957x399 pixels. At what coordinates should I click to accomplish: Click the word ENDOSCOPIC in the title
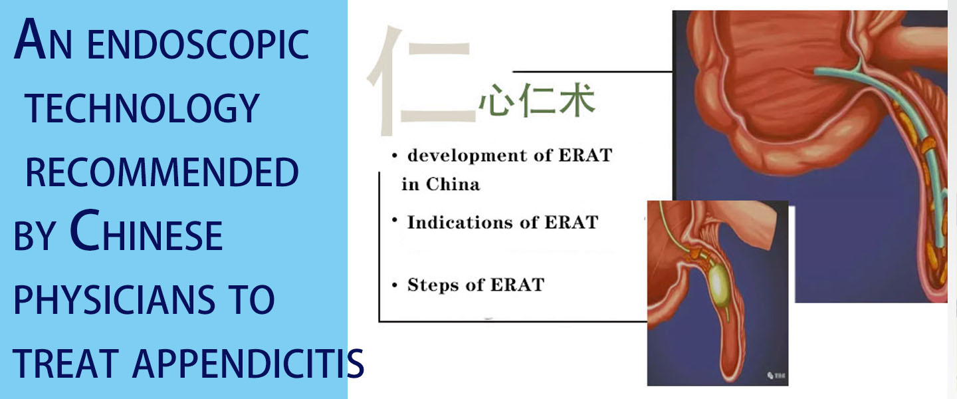pyautogui.click(x=198, y=44)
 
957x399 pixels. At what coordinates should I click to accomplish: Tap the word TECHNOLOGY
pyautogui.click(x=142, y=108)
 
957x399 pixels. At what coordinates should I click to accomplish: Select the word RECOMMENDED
pyautogui.click(x=162, y=172)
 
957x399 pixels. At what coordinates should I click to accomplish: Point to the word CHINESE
pyautogui.click(x=146, y=231)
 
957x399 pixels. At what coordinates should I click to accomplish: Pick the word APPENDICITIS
pyautogui.click(x=248, y=363)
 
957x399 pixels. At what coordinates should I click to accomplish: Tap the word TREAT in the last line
pyautogui.click(x=66, y=363)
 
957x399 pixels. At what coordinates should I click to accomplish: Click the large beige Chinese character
pyautogui.click(x=421, y=80)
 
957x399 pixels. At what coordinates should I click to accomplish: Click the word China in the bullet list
pyautogui.click(x=453, y=184)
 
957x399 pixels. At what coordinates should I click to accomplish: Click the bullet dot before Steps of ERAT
pyautogui.click(x=394, y=286)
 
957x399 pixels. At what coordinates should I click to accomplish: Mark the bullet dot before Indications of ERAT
pyautogui.click(x=395, y=220)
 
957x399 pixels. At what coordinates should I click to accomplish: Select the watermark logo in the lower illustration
pyautogui.click(x=776, y=376)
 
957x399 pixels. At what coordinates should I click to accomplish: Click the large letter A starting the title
pyautogui.click(x=30, y=39)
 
